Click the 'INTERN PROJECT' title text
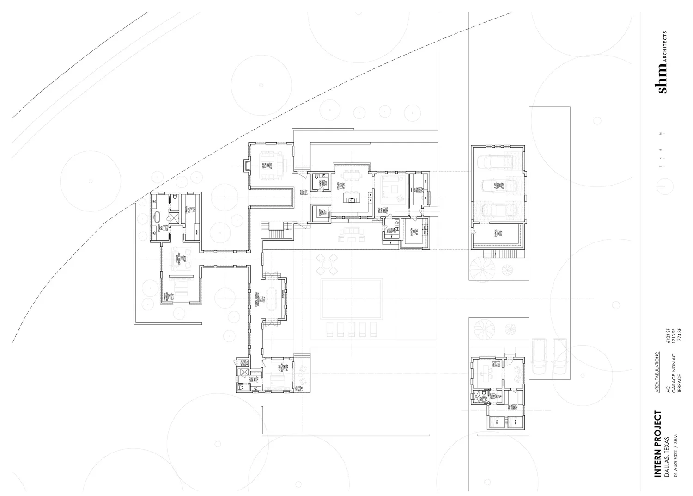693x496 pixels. [x=658, y=444]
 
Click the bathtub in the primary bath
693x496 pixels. [x=157, y=217]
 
